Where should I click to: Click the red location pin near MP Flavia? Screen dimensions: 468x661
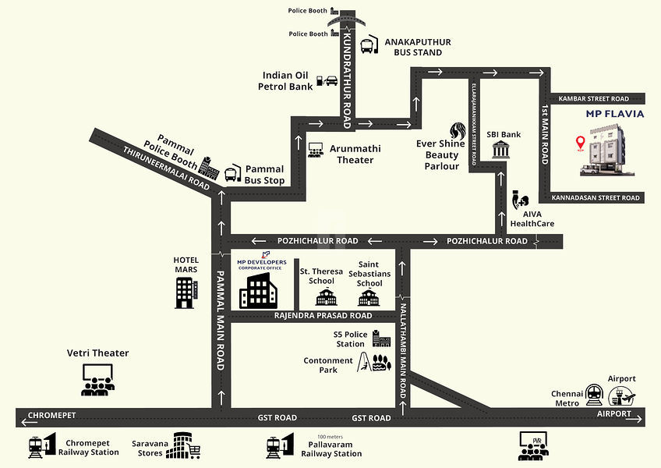click(579, 143)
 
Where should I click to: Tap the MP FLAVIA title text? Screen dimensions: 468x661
click(614, 114)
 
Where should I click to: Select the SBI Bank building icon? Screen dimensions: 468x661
click(500, 152)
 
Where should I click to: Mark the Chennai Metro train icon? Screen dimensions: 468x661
click(595, 392)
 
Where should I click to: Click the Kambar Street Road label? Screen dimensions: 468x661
click(598, 99)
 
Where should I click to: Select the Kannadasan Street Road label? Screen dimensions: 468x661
click(596, 198)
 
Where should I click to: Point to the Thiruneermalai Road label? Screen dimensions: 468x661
click(168, 169)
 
